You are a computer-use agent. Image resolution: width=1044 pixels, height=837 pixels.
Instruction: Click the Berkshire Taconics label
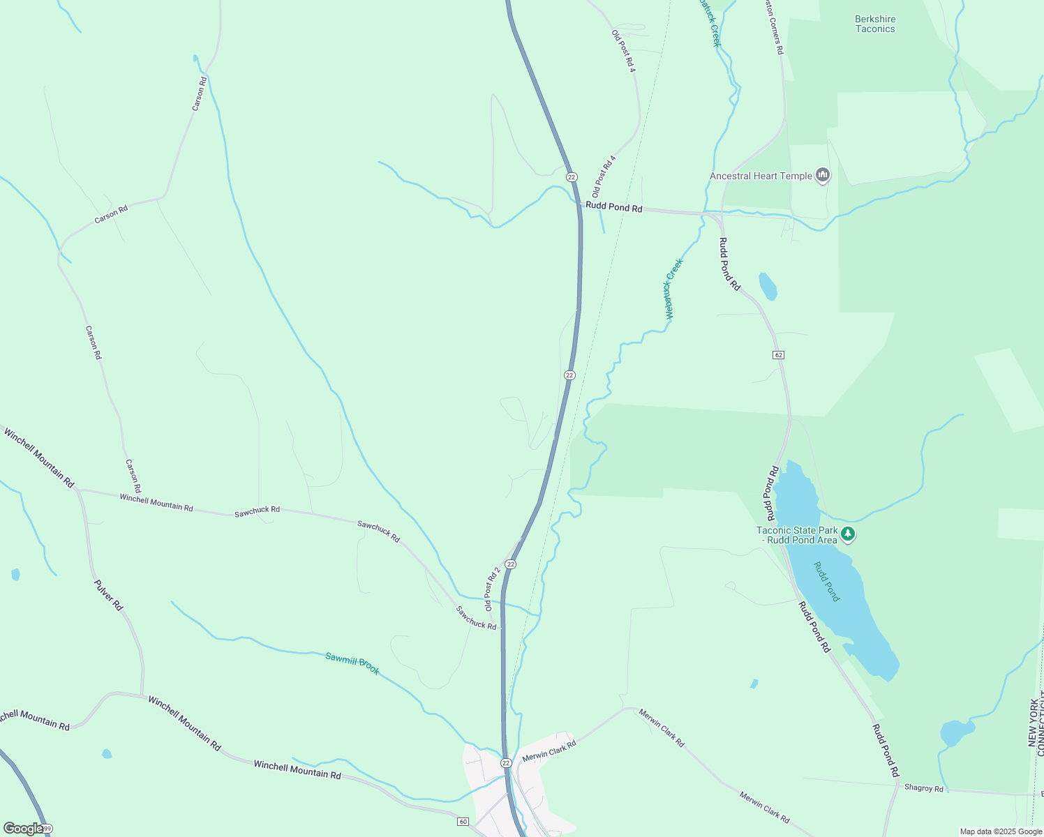tap(874, 24)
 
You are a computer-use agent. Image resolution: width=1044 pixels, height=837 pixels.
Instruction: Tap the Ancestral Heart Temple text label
tap(761, 176)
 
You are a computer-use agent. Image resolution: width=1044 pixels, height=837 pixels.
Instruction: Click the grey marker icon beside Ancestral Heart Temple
tap(823, 175)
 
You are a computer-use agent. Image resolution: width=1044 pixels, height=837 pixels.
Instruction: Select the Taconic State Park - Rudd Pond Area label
tap(797, 535)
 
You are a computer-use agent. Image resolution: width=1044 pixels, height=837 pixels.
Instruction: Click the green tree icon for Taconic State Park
tap(848, 535)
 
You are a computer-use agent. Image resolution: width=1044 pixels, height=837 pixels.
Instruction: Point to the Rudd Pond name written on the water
tap(828, 582)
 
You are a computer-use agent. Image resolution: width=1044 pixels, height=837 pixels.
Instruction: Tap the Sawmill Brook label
tap(352, 663)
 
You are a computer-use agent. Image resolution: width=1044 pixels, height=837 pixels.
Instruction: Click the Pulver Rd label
tap(108, 595)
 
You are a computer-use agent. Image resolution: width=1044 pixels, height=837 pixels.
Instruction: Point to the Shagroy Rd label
tap(923, 788)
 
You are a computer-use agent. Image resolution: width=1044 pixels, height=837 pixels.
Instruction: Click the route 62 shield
tap(779, 355)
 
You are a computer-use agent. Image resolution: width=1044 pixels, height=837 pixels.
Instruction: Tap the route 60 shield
tap(463, 821)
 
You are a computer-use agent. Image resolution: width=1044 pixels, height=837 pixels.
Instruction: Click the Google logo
tap(22, 829)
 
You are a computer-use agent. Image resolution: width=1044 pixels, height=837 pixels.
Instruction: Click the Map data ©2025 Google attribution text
tap(1001, 831)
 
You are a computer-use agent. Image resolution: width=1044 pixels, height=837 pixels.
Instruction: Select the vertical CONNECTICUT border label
tap(1041, 718)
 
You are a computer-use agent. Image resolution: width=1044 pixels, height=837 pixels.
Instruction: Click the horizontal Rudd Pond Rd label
tap(614, 207)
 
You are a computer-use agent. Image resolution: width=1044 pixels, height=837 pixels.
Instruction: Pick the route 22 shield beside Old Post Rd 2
tap(511, 564)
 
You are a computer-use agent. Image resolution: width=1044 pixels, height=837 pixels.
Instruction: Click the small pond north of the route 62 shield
tap(768, 286)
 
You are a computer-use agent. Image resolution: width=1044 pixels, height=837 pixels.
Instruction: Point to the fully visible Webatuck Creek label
tap(673, 289)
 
